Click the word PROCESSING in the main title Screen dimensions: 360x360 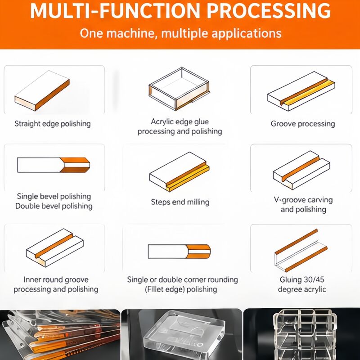point(269,11)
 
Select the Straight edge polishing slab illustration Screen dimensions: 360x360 point(42,90)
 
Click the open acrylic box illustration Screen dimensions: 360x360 point(179,89)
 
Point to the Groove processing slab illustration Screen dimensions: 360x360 point(301,91)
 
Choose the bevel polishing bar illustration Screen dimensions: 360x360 point(54,165)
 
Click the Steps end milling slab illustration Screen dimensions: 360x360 point(179,171)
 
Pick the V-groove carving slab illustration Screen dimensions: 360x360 point(301,170)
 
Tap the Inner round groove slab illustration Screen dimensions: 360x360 point(54,247)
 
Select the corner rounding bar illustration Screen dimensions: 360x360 point(179,252)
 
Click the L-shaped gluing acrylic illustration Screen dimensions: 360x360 point(301,251)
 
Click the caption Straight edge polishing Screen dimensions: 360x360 point(53,124)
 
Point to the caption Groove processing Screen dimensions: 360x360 point(303,124)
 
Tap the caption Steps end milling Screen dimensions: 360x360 point(180,202)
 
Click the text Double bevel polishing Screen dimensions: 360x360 point(54,206)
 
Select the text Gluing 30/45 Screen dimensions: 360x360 point(302,279)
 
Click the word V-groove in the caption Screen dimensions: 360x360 point(289,200)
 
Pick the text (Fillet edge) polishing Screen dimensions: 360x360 point(181,289)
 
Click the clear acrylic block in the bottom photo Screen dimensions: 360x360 point(183,333)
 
